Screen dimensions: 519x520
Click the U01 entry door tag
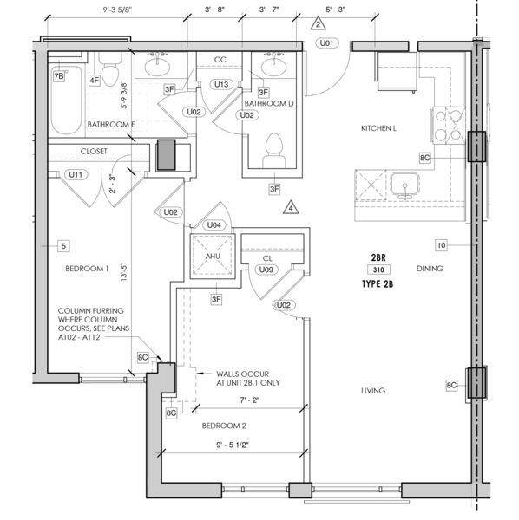pyautogui.click(x=326, y=43)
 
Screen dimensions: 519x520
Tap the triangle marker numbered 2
pyautogui.click(x=319, y=24)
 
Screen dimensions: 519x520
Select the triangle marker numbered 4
pyautogui.click(x=291, y=208)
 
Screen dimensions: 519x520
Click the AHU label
pyautogui.click(x=213, y=256)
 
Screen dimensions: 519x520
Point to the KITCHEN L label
pyautogui.click(x=378, y=128)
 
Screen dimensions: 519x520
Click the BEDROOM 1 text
pyautogui.click(x=87, y=269)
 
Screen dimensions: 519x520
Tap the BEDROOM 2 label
pyautogui.click(x=224, y=426)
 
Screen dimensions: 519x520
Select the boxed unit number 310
pyautogui.click(x=378, y=270)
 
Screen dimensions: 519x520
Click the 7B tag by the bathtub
pyautogui.click(x=59, y=76)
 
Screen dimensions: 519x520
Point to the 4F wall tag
pyautogui.click(x=95, y=81)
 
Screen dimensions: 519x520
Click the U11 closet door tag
pyautogui.click(x=76, y=174)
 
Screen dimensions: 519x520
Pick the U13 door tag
pyautogui.click(x=221, y=84)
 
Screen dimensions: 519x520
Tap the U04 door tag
pyautogui.click(x=214, y=225)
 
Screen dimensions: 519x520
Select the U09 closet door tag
pyautogui.click(x=266, y=270)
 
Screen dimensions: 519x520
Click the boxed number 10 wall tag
pyautogui.click(x=441, y=245)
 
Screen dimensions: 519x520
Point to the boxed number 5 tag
pyautogui.click(x=63, y=246)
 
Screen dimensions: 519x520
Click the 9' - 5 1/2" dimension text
pyautogui.click(x=233, y=445)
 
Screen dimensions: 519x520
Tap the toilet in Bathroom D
pyautogui.click(x=274, y=150)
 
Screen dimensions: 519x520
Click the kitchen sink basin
pyautogui.click(x=404, y=185)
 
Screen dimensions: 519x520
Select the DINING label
pyautogui.click(x=430, y=269)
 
